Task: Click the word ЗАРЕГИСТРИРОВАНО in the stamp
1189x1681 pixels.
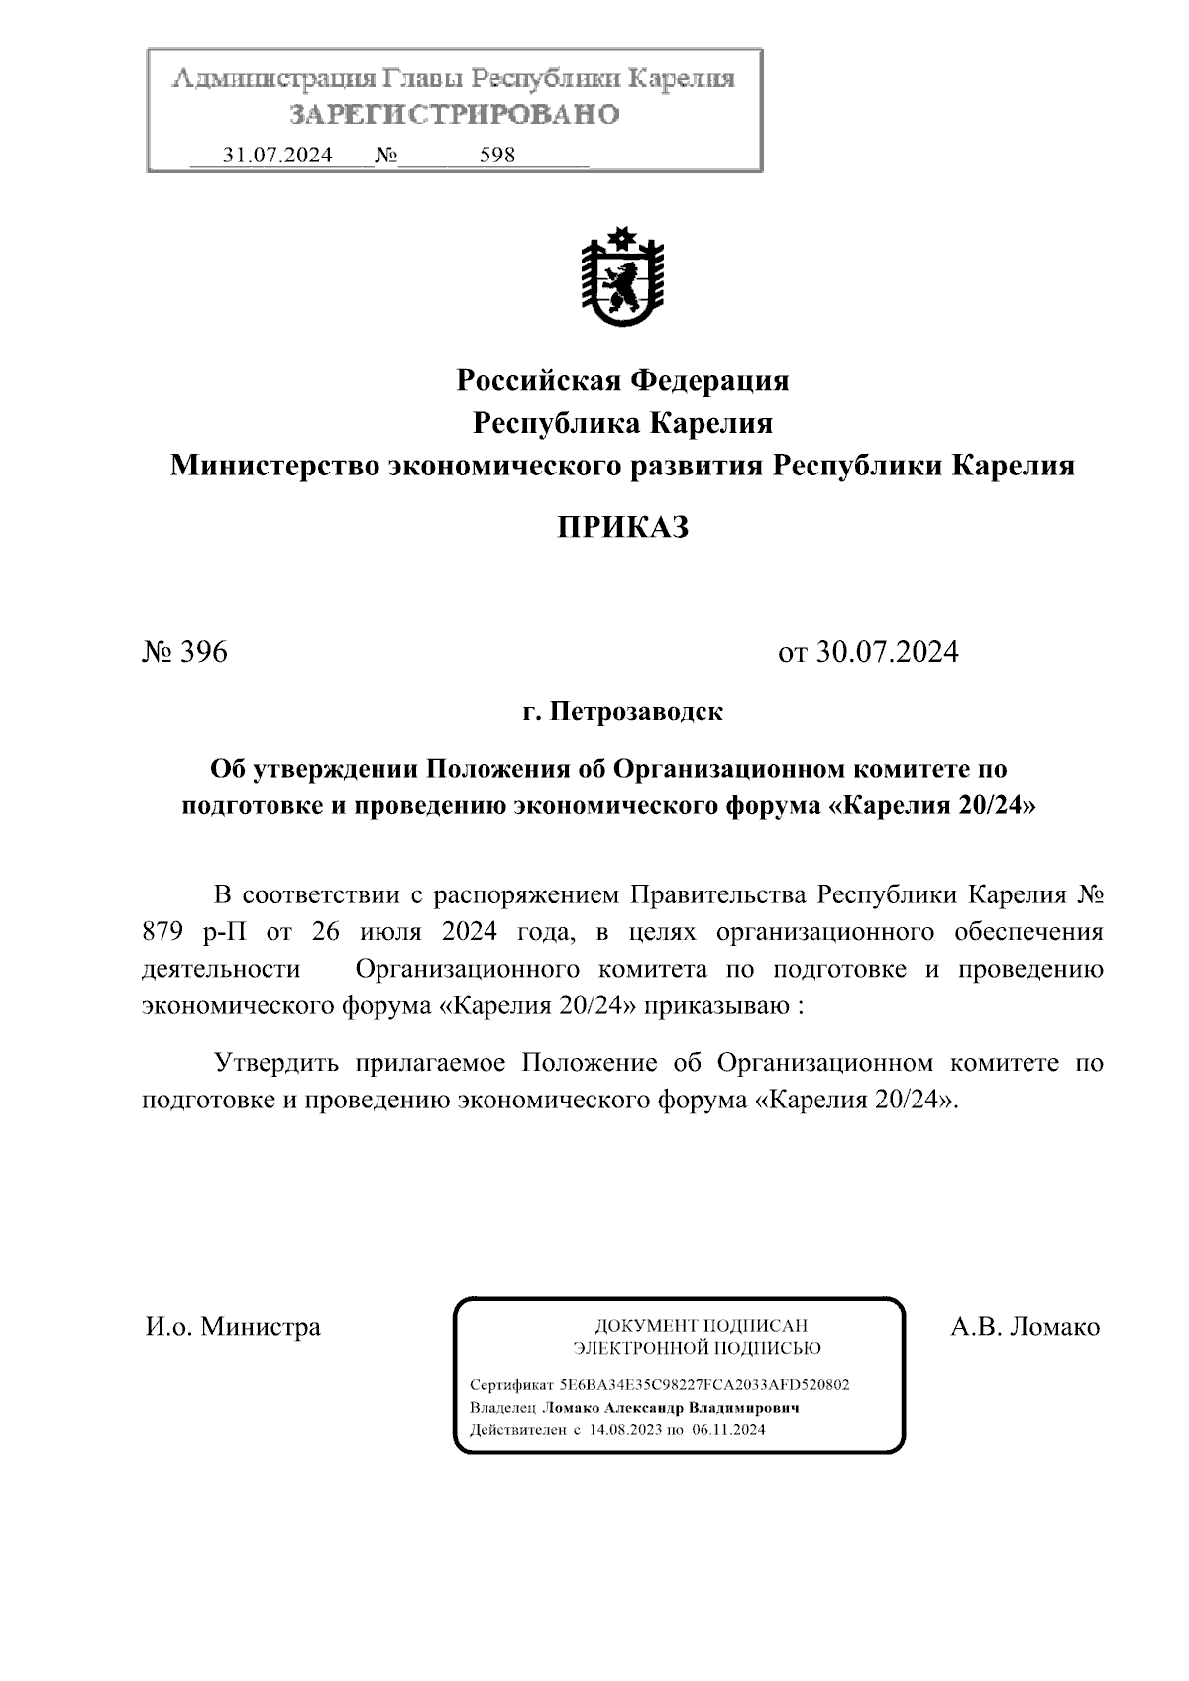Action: click(455, 115)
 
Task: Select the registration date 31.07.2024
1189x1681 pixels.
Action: click(277, 156)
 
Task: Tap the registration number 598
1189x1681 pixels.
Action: click(497, 156)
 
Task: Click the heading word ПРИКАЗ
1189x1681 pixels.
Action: click(621, 527)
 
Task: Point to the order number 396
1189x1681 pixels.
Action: click(203, 652)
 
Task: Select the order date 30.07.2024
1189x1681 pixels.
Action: click(887, 652)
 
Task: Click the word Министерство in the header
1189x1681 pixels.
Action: click(273, 466)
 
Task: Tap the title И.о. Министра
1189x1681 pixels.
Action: click(233, 1326)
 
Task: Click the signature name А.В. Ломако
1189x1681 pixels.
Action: click(1025, 1326)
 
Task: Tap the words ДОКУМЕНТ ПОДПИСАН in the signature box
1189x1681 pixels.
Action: click(699, 1325)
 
